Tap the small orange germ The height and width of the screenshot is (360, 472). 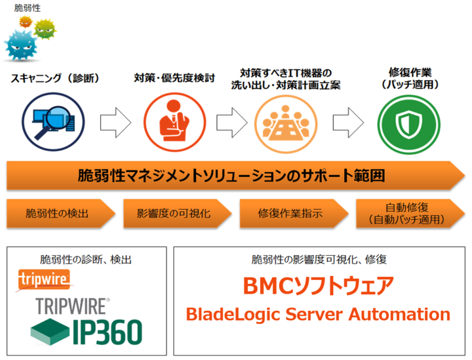(x=26, y=22)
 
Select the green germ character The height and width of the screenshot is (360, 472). (x=44, y=29)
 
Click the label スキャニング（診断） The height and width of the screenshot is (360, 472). (x=54, y=78)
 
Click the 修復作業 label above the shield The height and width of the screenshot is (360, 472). (x=409, y=72)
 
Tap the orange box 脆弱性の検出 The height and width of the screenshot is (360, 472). (x=58, y=214)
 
